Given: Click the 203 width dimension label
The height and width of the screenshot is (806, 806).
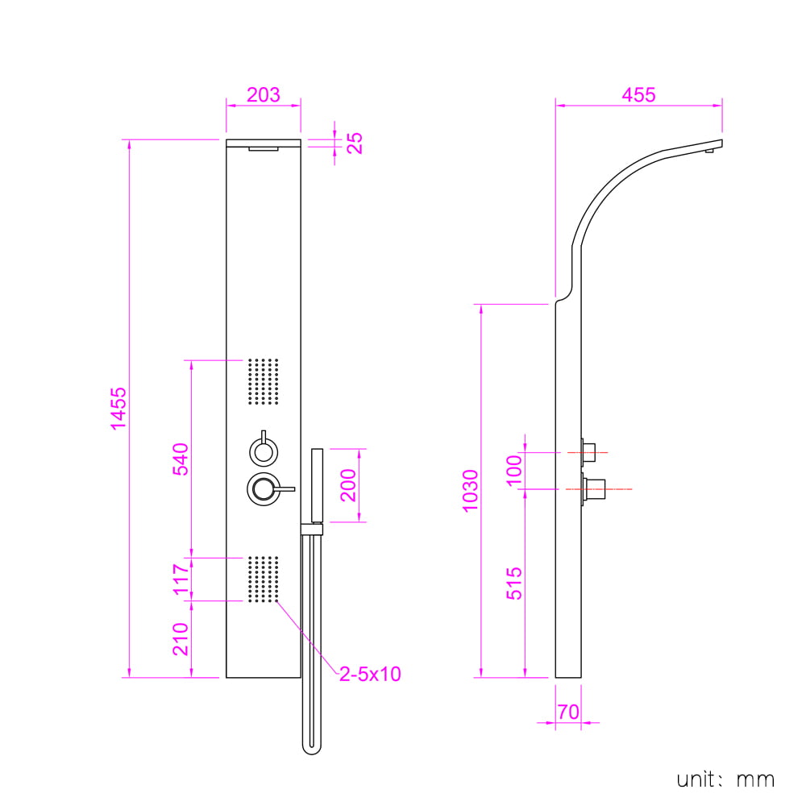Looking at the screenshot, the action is coord(264,94).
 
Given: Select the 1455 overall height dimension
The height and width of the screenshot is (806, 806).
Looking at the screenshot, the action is coord(118,408).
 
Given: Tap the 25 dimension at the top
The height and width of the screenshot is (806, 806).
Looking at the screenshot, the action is coord(355,143).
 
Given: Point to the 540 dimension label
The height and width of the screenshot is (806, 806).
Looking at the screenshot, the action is coord(181,459).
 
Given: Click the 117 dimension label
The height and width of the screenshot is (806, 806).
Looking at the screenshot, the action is coord(181,579).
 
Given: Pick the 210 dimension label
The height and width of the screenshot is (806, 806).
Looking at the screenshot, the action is coord(181,639).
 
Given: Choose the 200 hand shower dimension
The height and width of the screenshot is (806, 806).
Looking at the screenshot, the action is coord(348,484).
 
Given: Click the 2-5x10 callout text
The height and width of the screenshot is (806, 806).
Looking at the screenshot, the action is coord(370,674).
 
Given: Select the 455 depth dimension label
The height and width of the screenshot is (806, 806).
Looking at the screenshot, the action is coord(638,94).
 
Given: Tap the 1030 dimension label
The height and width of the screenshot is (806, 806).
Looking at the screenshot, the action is coord(471,491).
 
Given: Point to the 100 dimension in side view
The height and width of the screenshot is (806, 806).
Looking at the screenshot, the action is coord(514,471).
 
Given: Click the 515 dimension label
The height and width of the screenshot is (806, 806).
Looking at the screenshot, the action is coord(514,584).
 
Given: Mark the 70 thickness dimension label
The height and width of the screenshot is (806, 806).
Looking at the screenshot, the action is coord(568,712).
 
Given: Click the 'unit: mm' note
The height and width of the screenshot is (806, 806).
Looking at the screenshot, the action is coord(725,779).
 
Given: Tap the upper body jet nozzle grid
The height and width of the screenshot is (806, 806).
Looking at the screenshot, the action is coord(264,381).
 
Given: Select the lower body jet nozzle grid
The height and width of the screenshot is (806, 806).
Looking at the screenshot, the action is coord(264,579).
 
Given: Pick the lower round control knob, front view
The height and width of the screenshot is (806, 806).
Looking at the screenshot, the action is coord(264,489).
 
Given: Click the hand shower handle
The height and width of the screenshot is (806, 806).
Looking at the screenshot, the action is coord(317,486).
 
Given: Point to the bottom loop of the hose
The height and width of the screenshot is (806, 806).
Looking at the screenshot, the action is coord(311,751).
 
